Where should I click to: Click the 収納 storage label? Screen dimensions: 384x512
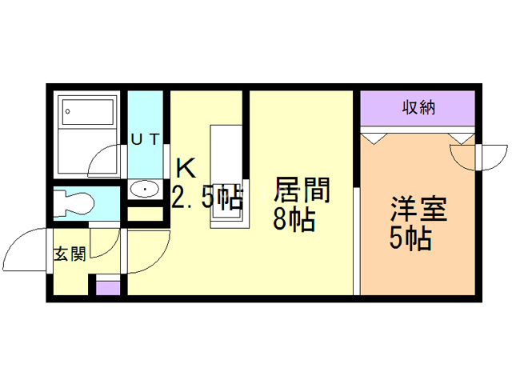point(418,108)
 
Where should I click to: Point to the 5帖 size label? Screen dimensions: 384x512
point(410,238)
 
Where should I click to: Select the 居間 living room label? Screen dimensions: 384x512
point(302,190)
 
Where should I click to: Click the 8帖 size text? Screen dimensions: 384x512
point(293,219)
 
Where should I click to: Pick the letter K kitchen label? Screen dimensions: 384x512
point(186,169)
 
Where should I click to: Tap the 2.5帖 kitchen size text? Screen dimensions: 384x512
point(207,197)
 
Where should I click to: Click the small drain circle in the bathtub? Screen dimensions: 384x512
point(68,110)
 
